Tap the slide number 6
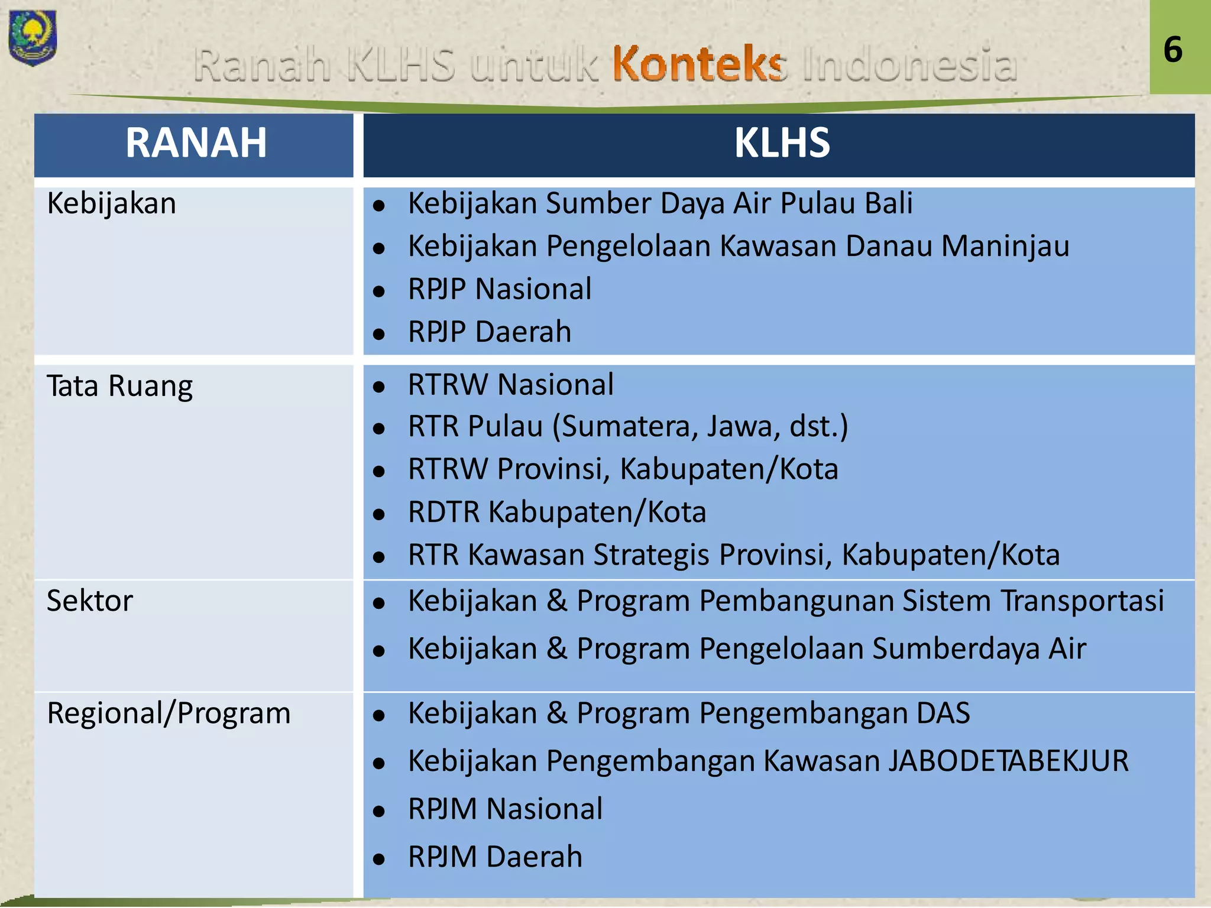[x=1173, y=50]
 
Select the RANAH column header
[x=196, y=144]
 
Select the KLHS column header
[x=782, y=144]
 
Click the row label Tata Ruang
[x=120, y=387]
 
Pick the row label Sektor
[x=90, y=601]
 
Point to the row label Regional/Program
[x=169, y=713]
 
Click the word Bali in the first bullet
[x=889, y=203]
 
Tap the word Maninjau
[x=1005, y=247]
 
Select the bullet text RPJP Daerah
[x=490, y=332]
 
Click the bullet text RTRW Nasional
[x=511, y=385]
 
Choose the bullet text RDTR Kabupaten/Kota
[x=557, y=512]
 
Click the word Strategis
[x=652, y=556]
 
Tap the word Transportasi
[x=1082, y=601]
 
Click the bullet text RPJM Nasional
[x=506, y=809]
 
